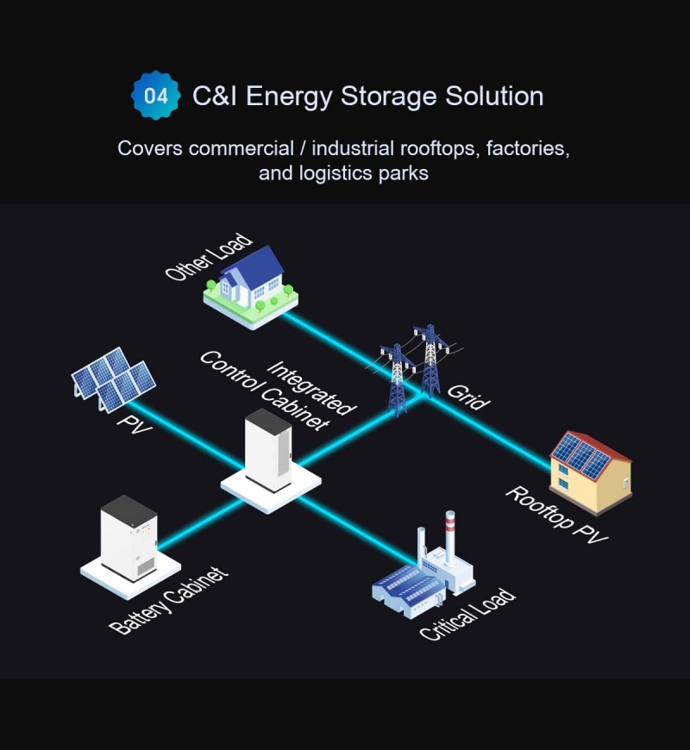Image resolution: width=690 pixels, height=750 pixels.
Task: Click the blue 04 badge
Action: click(156, 96)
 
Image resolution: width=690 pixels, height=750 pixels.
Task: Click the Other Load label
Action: click(210, 256)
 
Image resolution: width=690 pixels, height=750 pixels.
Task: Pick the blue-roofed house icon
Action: click(251, 284)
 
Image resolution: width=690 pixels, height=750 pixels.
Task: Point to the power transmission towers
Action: click(412, 366)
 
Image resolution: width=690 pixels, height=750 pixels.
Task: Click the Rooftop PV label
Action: click(557, 516)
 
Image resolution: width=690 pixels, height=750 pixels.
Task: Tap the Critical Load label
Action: click(467, 615)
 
